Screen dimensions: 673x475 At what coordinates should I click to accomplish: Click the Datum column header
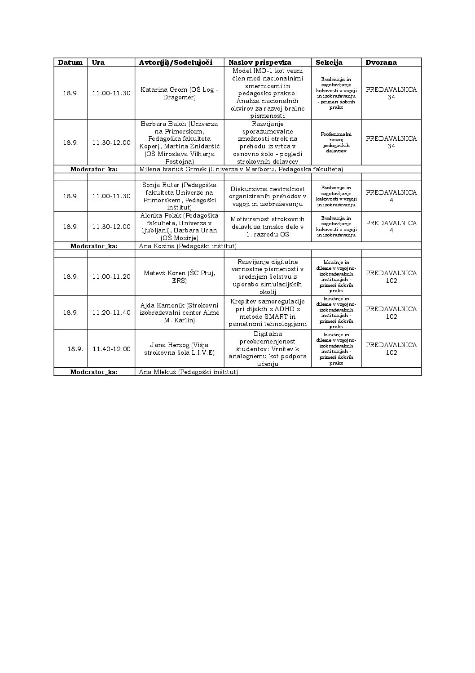70,62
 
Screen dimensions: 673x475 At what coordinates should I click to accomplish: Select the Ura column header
98,62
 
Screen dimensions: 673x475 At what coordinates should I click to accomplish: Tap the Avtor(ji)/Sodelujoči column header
176,62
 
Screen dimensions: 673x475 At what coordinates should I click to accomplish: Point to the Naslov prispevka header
260,62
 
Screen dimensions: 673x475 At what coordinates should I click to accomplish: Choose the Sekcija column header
329,62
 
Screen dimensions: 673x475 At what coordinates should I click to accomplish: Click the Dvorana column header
381,62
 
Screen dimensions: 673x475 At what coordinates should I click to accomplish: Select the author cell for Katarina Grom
179,93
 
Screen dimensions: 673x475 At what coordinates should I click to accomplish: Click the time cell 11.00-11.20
111,276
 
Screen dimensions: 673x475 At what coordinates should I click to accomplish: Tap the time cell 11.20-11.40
111,312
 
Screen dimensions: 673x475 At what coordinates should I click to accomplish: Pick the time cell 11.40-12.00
111,349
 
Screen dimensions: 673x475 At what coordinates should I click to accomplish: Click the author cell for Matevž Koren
179,276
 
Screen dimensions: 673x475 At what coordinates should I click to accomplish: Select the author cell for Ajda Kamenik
179,312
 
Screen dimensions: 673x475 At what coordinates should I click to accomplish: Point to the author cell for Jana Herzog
179,349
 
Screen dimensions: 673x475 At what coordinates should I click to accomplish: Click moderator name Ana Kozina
188,246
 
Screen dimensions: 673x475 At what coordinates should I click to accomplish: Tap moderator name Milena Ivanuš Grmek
241,169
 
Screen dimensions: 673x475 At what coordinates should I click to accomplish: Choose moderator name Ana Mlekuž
188,372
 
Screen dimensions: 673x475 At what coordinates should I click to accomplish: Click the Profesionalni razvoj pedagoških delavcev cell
336,143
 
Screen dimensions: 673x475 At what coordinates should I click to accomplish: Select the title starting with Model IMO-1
268,93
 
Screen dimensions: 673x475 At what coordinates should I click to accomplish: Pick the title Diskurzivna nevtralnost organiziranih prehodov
268,196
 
